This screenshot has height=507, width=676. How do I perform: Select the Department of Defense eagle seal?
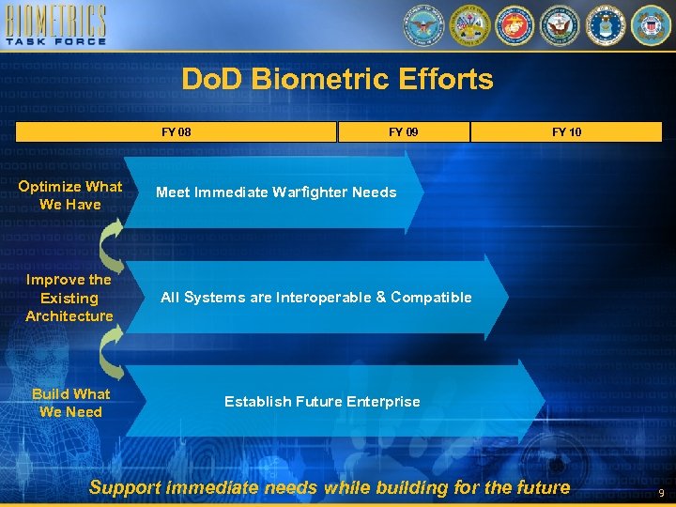[422, 25]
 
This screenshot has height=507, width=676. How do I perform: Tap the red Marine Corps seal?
[514, 25]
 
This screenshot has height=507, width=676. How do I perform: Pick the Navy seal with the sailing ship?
[560, 25]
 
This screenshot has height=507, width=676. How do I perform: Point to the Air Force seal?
[606, 25]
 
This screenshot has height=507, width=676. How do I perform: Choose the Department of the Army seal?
[469, 25]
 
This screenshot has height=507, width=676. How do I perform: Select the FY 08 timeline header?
[177, 132]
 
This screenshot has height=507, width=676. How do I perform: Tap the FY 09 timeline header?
[404, 132]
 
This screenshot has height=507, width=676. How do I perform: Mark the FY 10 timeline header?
[566, 132]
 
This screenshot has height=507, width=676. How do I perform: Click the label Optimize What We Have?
[70, 195]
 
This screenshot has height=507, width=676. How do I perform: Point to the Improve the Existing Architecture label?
[69, 298]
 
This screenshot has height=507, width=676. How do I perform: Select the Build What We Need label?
[70, 403]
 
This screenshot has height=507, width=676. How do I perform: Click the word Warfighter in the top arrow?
[310, 192]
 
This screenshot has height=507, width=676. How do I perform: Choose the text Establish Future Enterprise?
[322, 402]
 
